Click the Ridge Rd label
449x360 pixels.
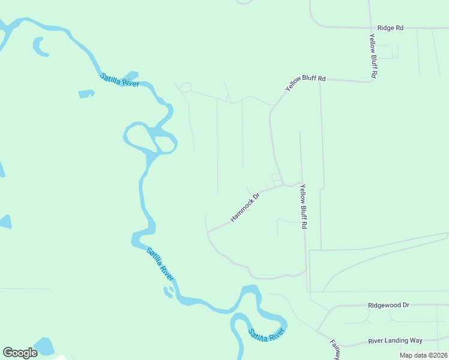coord(390,28)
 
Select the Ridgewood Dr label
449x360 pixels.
coord(388,305)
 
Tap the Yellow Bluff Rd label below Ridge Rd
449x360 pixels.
coord(373,56)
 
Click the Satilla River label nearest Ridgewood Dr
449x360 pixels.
coord(267,335)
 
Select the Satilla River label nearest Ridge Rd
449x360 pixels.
coord(119,80)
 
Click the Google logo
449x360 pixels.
coord(20,353)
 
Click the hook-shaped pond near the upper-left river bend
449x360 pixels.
coord(40,47)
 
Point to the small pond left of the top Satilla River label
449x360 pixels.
coord(86,94)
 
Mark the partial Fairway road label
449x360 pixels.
coord(335,349)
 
